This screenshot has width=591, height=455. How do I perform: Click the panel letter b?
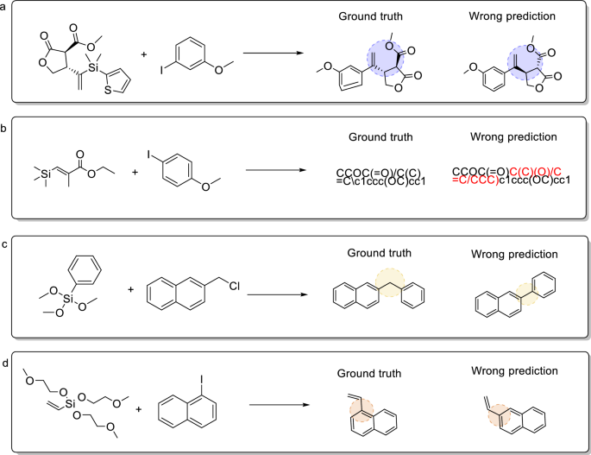[5, 127]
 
